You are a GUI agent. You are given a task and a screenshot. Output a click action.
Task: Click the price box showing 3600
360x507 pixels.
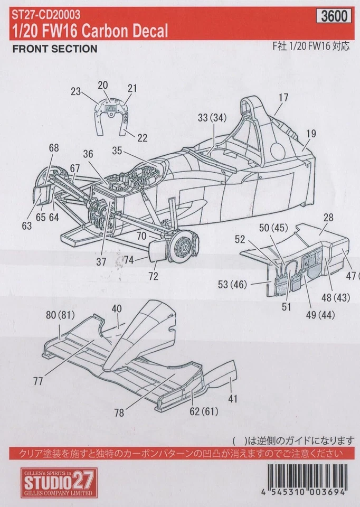pos(335,16)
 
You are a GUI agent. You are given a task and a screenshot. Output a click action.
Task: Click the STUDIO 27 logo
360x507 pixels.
pos(58,482)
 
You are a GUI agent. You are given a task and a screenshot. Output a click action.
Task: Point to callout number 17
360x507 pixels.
pos(283,97)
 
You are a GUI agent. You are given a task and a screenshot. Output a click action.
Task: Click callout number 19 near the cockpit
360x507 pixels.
pos(310,134)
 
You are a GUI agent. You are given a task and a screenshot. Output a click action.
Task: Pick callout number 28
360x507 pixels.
pos(328,218)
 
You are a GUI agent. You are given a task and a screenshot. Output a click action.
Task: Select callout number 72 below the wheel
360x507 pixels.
pos(153,276)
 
